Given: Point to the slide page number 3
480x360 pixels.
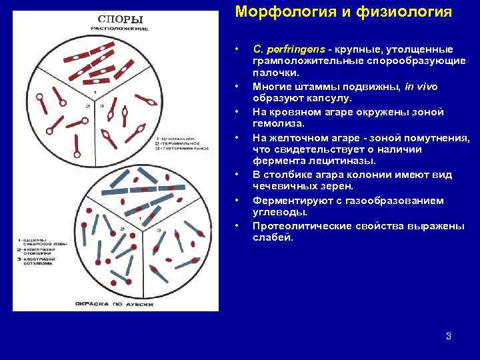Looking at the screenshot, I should [449, 336].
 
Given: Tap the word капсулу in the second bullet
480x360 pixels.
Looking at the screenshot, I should [330, 99].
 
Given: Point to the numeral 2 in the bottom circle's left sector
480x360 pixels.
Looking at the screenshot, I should [122, 229].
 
